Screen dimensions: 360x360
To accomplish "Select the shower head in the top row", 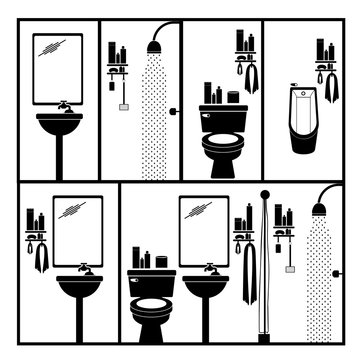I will coord(154,46).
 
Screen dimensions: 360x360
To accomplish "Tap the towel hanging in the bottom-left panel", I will coord(41,258).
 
